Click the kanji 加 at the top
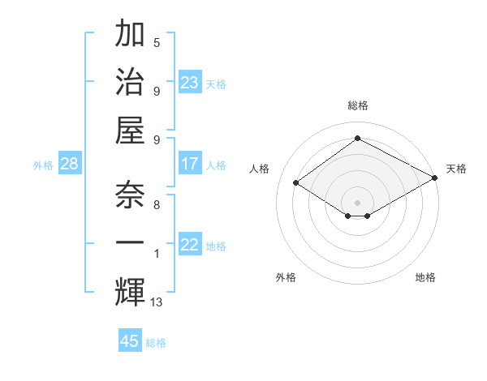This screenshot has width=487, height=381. [130, 36]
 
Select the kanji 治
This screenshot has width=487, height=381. [130, 82]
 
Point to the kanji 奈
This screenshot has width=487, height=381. [130, 195]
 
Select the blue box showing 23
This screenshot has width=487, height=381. [190, 83]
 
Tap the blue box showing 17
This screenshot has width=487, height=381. [190, 164]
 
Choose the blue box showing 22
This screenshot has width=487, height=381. [190, 245]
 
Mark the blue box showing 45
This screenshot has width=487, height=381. [130, 341]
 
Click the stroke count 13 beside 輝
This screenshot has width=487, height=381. [157, 302]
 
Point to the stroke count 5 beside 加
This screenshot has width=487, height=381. [157, 42]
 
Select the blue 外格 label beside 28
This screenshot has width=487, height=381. [43, 165]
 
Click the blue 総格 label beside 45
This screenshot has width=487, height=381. [156, 342]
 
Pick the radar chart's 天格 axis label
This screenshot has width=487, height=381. [456, 169]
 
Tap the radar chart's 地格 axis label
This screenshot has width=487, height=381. [425, 277]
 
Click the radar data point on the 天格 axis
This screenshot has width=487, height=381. [436, 178]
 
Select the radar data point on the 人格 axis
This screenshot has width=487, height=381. [296, 183]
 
